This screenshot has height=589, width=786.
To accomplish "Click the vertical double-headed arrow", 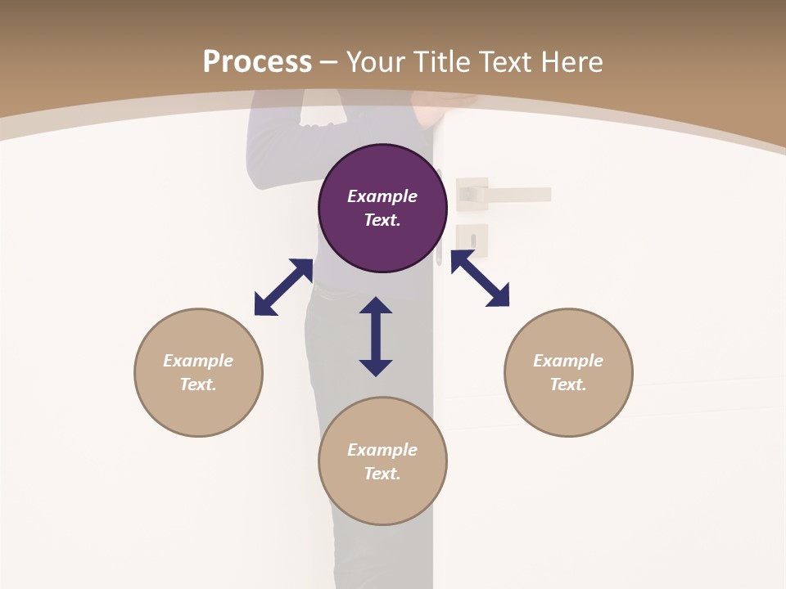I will coord(376,336).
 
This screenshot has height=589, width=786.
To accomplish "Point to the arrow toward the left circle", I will coord(283,287).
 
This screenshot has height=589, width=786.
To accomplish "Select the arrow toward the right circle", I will coord(480,278).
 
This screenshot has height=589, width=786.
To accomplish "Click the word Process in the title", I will coord(257,61).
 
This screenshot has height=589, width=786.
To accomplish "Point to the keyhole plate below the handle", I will coord(472,240).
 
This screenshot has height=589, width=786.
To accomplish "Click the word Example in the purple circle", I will coord(382,196).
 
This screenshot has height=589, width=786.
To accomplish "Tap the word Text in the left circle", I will coord(198,384).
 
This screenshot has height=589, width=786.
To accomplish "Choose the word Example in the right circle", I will coord(568,361).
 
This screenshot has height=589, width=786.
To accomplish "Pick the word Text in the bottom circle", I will coord(382,474).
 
